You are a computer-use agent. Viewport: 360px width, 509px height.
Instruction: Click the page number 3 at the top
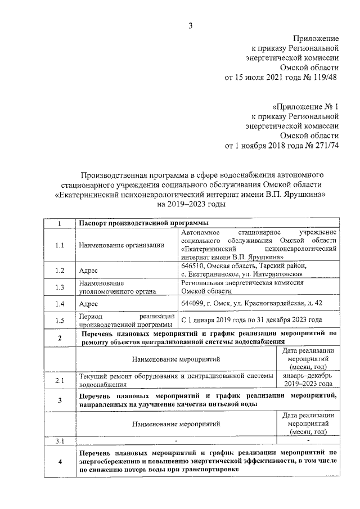(191, 25)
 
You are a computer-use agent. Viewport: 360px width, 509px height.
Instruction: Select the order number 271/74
(325, 146)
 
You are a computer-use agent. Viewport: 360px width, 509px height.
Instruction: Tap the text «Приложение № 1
(306, 106)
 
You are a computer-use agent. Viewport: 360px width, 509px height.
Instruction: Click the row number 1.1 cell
(60, 245)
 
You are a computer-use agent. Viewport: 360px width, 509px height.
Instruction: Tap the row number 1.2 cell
(60, 271)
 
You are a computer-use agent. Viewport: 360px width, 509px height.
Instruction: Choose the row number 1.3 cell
(60, 287)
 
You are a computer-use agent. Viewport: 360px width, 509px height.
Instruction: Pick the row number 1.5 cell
(60, 321)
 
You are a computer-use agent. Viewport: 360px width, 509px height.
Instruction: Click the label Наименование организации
(121, 245)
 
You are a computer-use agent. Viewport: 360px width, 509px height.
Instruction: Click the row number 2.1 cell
(60, 381)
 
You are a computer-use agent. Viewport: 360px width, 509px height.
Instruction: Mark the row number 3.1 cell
(60, 440)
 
